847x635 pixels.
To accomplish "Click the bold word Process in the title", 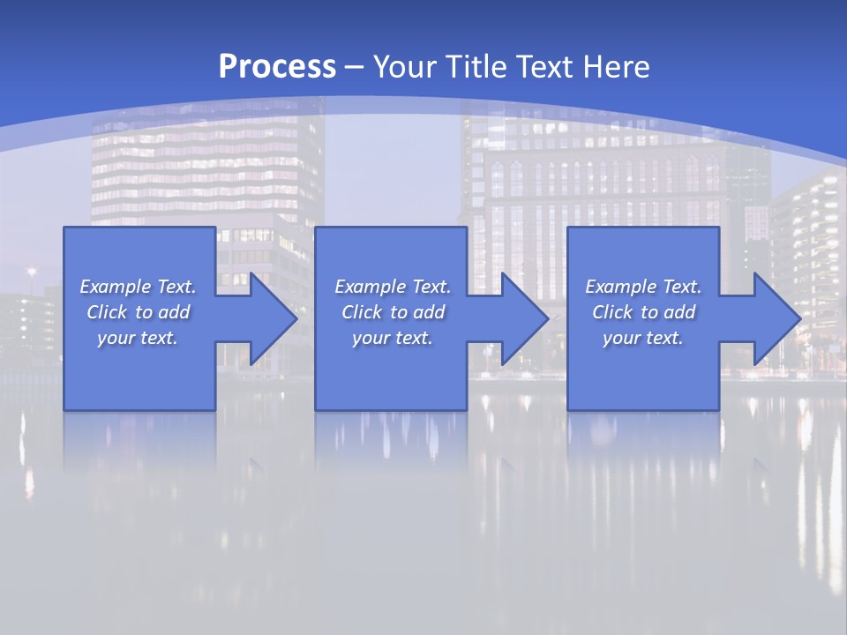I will (x=277, y=67).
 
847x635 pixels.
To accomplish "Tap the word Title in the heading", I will (x=474, y=67).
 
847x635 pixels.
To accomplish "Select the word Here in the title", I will (x=615, y=67).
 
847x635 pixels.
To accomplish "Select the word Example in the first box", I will (x=116, y=287).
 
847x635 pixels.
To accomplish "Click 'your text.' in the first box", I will (x=138, y=338).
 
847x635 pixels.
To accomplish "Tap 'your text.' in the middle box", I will (x=393, y=338).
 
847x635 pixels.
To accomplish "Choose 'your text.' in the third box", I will (x=643, y=338).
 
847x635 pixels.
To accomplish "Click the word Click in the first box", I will (x=106, y=312).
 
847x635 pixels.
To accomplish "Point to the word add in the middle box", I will (x=429, y=312).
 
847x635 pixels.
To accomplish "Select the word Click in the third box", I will (x=612, y=312).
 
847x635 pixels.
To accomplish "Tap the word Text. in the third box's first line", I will (x=682, y=287).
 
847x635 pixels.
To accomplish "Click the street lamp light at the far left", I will (x=32, y=273).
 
